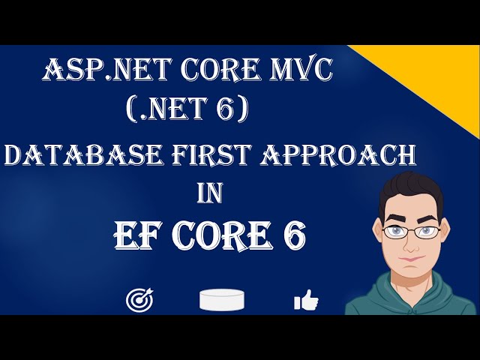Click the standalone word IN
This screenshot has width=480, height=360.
click(211, 193)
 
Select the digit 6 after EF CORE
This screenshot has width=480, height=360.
click(292, 238)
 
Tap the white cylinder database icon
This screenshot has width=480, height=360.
click(223, 299)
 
